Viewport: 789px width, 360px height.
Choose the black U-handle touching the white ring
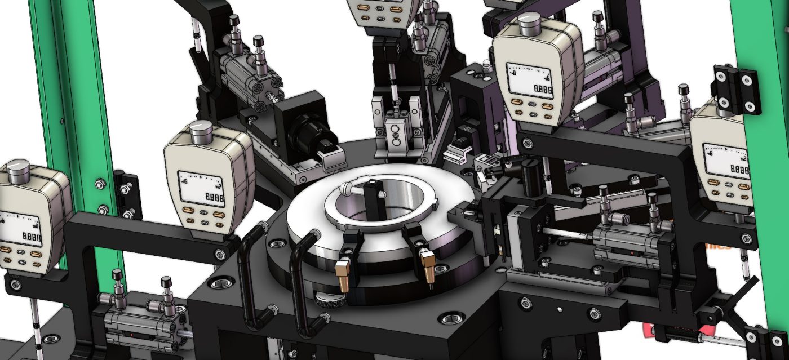[x=302, y=282]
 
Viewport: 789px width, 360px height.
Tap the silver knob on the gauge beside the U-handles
[x=201, y=133]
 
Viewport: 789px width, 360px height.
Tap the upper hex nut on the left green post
[x=100, y=184]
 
